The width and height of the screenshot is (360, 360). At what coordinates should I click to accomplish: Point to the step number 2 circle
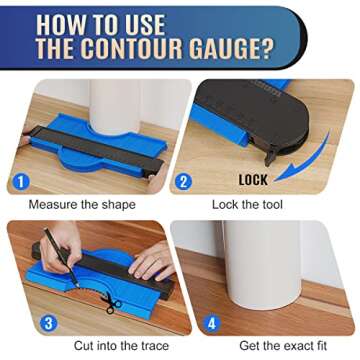[184, 183]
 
